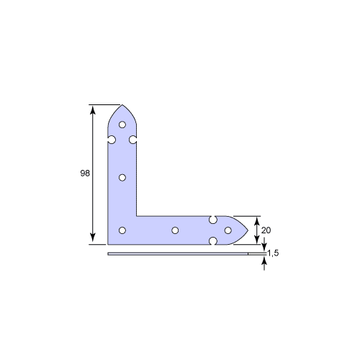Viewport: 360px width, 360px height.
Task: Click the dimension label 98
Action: [85, 173]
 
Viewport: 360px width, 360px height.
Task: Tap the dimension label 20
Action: [266, 230]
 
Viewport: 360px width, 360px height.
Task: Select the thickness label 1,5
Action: [273, 253]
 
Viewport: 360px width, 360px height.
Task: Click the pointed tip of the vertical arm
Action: [122, 105]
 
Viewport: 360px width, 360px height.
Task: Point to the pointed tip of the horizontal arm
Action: [248, 230]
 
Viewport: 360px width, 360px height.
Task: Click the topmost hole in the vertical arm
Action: [122, 125]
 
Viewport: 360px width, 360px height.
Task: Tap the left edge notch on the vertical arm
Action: [112, 140]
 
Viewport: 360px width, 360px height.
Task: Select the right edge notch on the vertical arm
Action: [133, 140]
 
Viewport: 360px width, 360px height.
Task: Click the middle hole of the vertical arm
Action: [122, 178]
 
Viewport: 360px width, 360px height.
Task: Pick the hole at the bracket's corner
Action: [122, 230]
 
